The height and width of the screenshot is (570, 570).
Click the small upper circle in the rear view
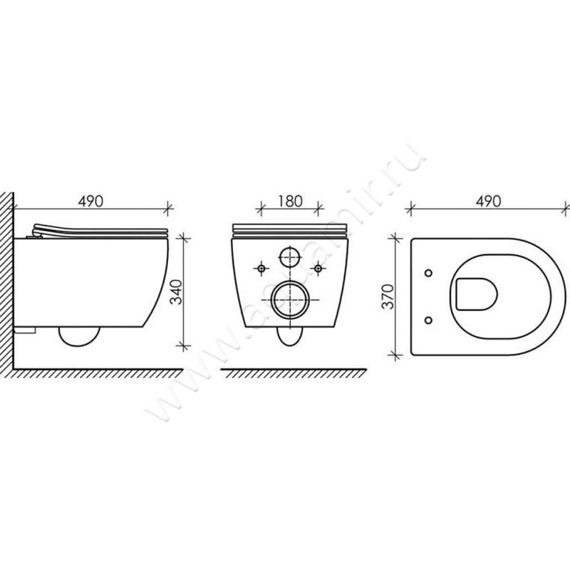289,256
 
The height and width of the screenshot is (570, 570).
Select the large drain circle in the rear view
289,300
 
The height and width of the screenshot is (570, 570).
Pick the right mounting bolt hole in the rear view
318,268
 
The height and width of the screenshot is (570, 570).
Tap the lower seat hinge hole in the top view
427,318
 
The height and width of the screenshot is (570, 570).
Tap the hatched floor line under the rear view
292,373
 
